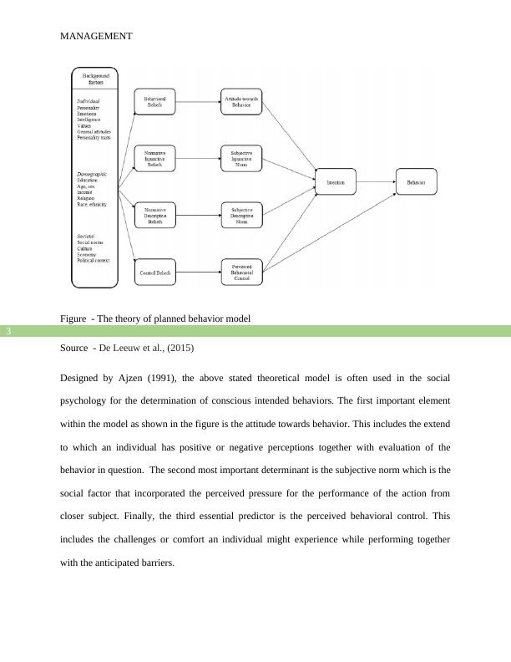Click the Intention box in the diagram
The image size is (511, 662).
pyautogui.click(x=336, y=181)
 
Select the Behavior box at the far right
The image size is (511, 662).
pyautogui.click(x=416, y=181)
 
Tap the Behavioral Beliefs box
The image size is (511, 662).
pyautogui.click(x=154, y=102)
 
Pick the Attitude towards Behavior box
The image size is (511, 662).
pyautogui.click(x=241, y=102)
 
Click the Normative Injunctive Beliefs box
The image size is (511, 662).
pyautogui.click(x=154, y=159)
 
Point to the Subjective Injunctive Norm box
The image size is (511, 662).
pyautogui.click(x=241, y=159)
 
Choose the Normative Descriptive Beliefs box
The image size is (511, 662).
pyautogui.click(x=154, y=215)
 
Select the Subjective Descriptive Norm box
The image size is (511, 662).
pyautogui.click(x=241, y=215)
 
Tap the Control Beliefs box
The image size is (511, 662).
pyautogui.click(x=154, y=272)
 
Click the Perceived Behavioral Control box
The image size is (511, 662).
pyautogui.click(x=241, y=272)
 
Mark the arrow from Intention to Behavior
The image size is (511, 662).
pyautogui.click(x=377, y=181)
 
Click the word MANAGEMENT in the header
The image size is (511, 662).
pyautogui.click(x=96, y=37)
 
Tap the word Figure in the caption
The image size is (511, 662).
pyautogui.click(x=74, y=318)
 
